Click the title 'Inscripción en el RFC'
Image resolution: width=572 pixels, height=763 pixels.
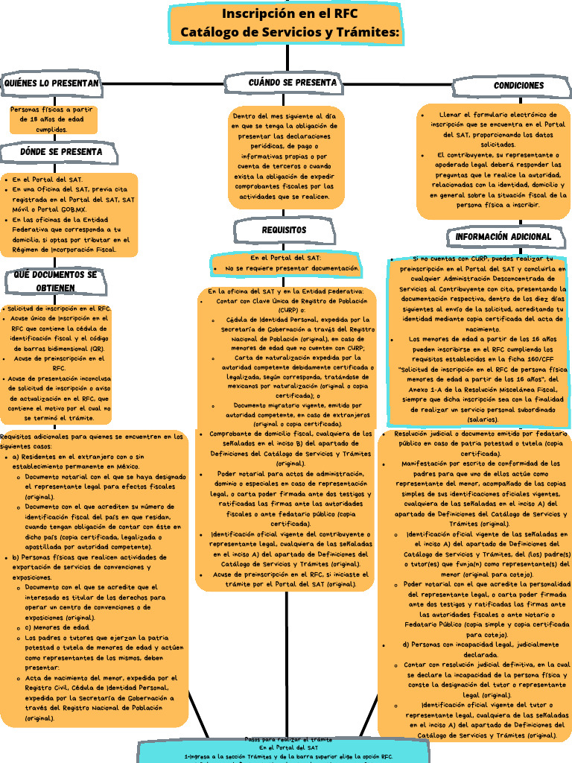(287, 14)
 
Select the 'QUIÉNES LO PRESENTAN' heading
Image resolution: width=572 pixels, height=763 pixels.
(51, 83)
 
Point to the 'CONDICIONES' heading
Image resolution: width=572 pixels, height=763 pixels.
(518, 86)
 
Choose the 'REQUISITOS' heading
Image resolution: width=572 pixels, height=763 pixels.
(284, 230)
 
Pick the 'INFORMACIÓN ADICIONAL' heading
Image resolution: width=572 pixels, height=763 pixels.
(503, 237)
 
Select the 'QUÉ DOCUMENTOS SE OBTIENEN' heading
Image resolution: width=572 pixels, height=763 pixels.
(56, 281)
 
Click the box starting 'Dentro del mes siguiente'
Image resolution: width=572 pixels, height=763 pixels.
(287, 156)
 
